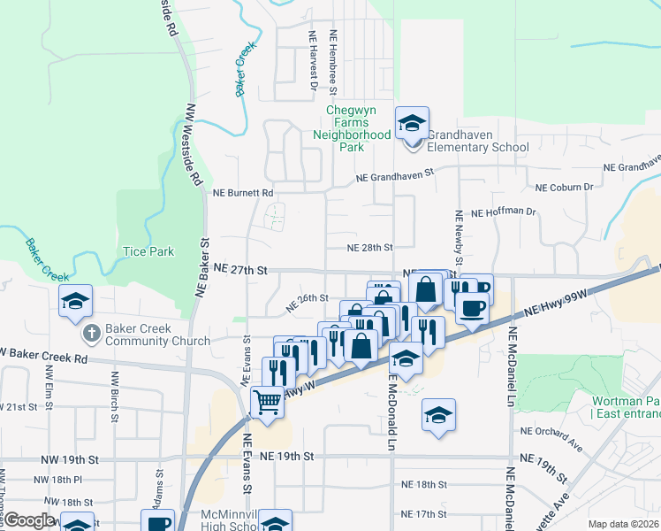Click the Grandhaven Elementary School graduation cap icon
tap(412, 124)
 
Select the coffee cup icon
tap(473, 309)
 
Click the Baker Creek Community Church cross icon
tap(91, 333)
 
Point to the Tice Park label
tap(148, 252)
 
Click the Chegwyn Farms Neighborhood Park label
tap(352, 128)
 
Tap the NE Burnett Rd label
tap(244, 192)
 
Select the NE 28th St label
tap(368, 249)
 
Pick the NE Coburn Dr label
tap(565, 187)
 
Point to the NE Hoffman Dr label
tap(504, 212)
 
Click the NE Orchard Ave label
tap(549, 432)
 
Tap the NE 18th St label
tap(424, 485)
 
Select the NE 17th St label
tap(424, 514)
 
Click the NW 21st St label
tap(19, 406)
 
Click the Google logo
tap(30, 520)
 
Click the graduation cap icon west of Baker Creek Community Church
tap(76, 301)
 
